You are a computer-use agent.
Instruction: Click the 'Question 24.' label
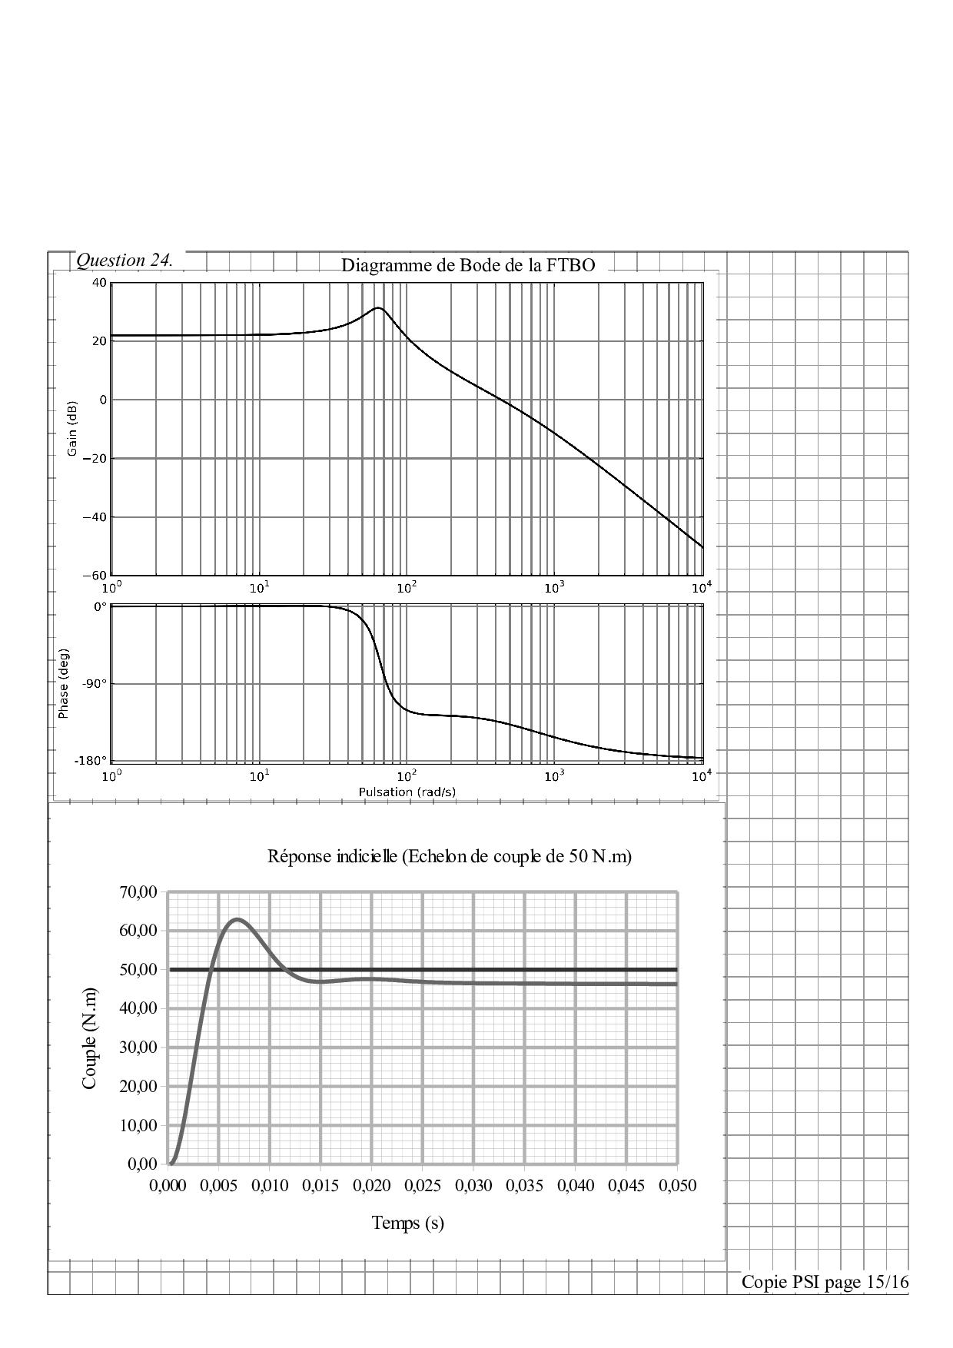click(x=125, y=261)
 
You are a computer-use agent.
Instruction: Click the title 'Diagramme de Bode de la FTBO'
click(x=468, y=266)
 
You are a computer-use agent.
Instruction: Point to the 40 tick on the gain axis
click(x=98, y=283)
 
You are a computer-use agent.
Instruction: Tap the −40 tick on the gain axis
click(x=95, y=517)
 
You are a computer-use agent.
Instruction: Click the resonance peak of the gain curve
click(x=378, y=308)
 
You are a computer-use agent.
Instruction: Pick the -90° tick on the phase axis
click(x=95, y=683)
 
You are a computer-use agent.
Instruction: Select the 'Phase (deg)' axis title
click(x=64, y=685)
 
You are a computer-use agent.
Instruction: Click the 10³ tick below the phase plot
click(x=553, y=776)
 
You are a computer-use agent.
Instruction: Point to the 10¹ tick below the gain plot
click(x=259, y=589)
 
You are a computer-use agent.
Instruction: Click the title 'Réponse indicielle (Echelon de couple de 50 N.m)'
click(x=450, y=856)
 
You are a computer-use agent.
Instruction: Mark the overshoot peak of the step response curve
click(x=237, y=919)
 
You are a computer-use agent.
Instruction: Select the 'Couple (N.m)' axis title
click(x=90, y=1038)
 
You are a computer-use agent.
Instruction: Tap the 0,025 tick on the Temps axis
click(x=422, y=1185)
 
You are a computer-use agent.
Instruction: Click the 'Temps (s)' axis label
click(x=408, y=1222)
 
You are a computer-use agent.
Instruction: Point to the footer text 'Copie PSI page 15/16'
click(x=825, y=1282)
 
